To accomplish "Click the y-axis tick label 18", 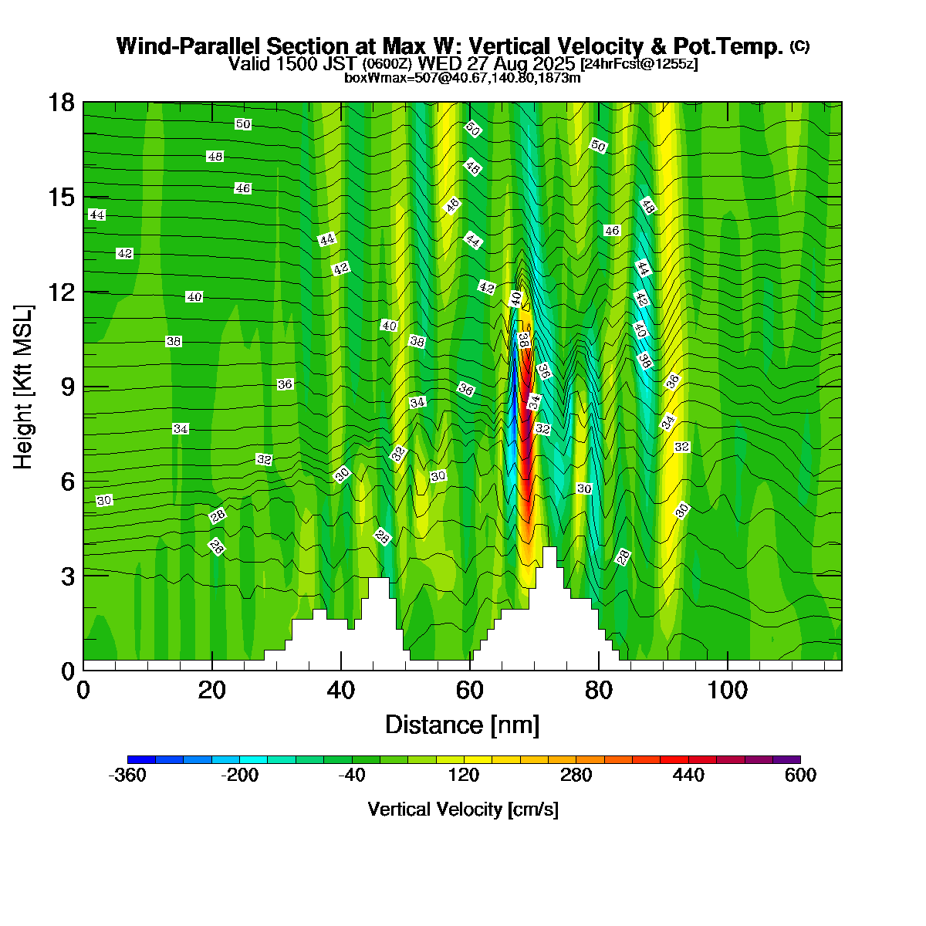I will [63, 103].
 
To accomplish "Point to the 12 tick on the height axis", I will [63, 292].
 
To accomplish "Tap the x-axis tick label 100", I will [728, 690].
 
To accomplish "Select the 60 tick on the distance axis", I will [470, 690].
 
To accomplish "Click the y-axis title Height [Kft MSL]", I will [24, 387].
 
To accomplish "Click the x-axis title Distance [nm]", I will [461, 725].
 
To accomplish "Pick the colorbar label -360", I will [127, 776].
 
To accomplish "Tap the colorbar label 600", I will [800, 776].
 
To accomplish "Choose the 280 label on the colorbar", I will [576, 776].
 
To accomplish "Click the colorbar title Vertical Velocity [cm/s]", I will [463, 809].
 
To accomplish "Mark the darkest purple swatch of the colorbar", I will [786, 760].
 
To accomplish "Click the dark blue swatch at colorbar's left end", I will [141, 760].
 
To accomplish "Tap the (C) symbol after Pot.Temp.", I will [799, 46].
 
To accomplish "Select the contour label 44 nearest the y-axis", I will [96, 215].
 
